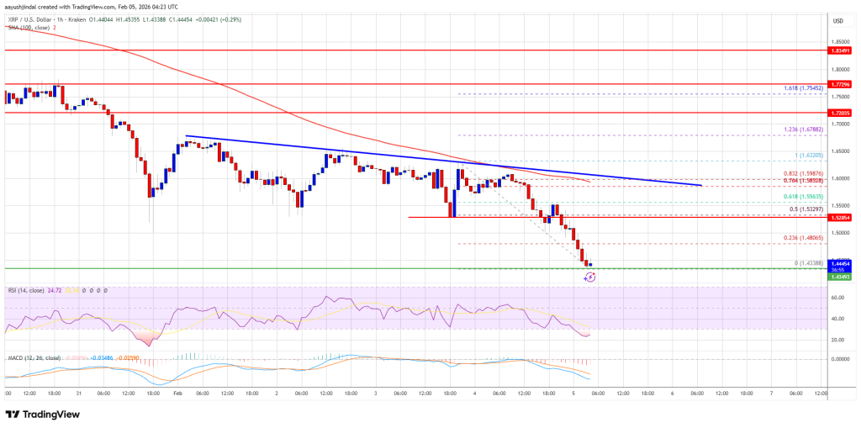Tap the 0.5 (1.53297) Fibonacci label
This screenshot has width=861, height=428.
[811, 209]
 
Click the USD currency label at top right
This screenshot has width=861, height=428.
[837, 20]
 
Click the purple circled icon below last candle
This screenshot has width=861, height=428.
[589, 276]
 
